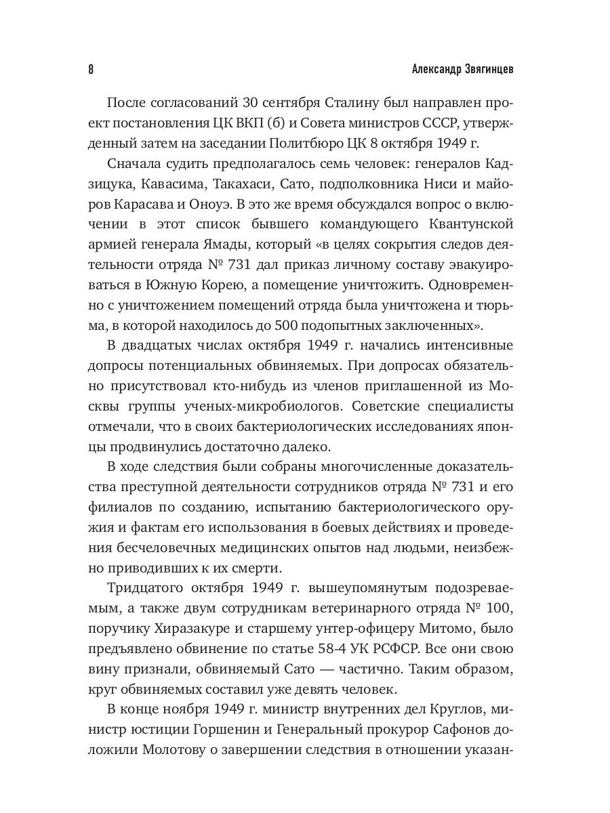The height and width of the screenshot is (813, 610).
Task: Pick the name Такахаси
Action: point(241,185)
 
